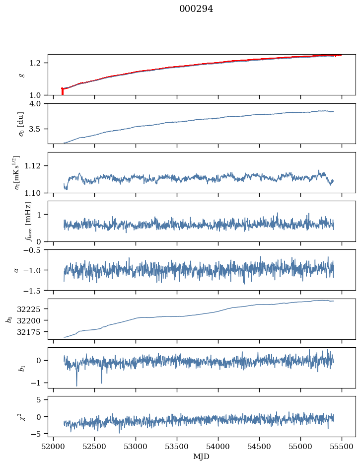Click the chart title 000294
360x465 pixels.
[196, 9]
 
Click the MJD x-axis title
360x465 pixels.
[202, 456]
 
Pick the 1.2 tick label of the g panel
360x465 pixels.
[39, 63]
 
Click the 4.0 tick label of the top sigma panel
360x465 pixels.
[39, 104]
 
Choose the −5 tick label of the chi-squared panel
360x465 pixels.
[39, 434]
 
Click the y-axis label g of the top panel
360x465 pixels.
[21, 75]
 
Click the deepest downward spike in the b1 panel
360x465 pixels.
[76, 385]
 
